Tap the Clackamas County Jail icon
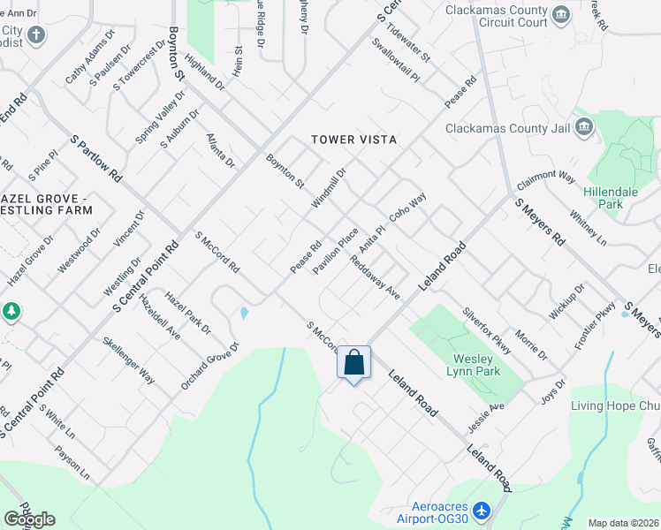[x=583, y=128]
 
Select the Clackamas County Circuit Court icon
[x=560, y=15]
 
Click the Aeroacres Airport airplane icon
[x=482, y=511]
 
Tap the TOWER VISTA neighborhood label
[x=353, y=140]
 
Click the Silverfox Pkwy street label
[x=487, y=331]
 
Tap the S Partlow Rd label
[x=95, y=159]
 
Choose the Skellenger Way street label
[x=129, y=360]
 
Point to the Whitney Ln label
[x=589, y=228]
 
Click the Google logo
[x=29, y=519]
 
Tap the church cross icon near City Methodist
[x=36, y=35]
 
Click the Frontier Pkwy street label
[x=595, y=325]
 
